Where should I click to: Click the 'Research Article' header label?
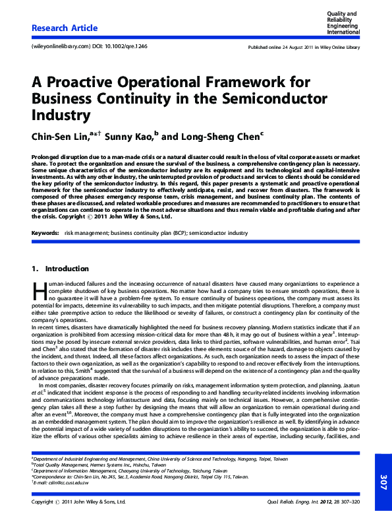pos(65,28)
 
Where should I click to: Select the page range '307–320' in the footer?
pos(348,502)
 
